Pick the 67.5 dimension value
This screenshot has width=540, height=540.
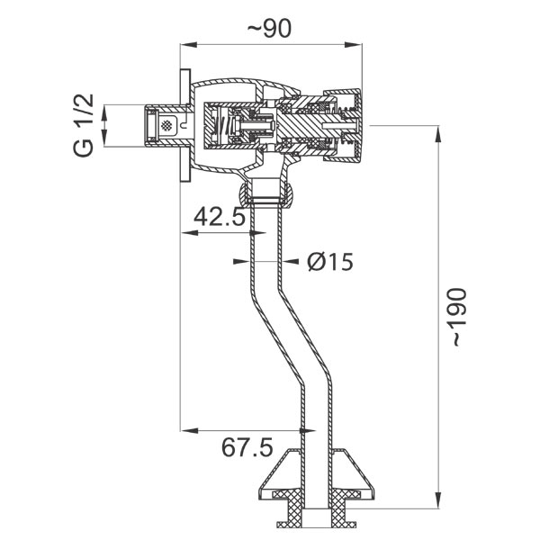click(x=245, y=447)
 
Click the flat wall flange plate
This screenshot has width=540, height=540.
click(x=184, y=125)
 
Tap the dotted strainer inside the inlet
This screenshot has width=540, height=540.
click(x=166, y=125)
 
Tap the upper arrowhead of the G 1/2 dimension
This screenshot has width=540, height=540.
click(x=105, y=110)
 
